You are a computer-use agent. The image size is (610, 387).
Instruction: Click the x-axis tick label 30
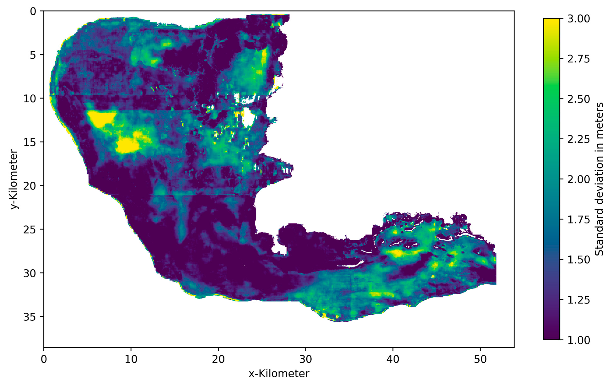[305, 359]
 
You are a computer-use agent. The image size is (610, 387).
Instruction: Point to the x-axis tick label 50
[480, 359]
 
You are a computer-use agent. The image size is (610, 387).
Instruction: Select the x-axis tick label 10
[131, 359]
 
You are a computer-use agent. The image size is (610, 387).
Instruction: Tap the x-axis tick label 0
[44, 359]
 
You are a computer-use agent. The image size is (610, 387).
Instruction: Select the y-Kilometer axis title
[14, 179]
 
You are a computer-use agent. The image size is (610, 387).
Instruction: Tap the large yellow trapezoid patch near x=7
[101, 119]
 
